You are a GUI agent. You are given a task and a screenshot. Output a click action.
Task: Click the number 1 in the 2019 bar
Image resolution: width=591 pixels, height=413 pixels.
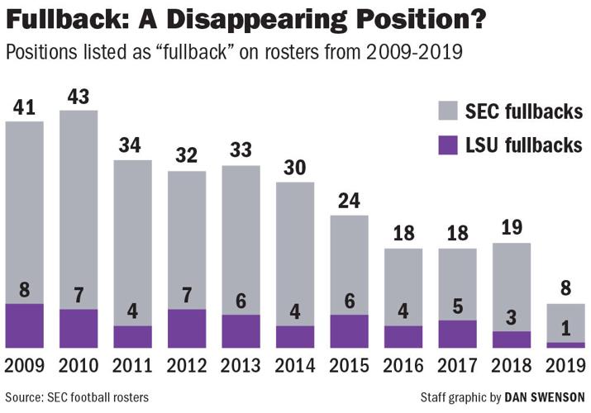pos(565,330)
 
